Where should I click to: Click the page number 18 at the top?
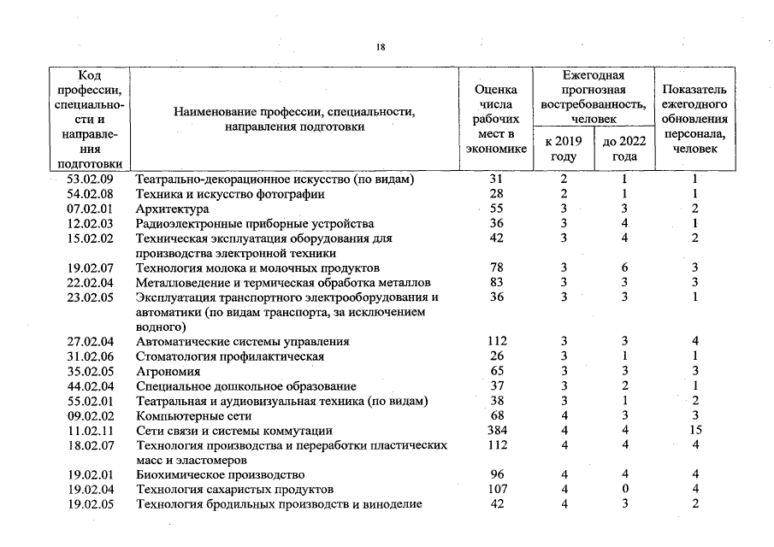pos(381,48)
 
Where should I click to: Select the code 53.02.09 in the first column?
pos(90,179)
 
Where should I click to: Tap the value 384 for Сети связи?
pos(497,431)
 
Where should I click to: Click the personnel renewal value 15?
pos(695,431)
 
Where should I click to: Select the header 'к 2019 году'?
pos(564,148)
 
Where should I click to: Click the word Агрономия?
pos(168,372)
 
